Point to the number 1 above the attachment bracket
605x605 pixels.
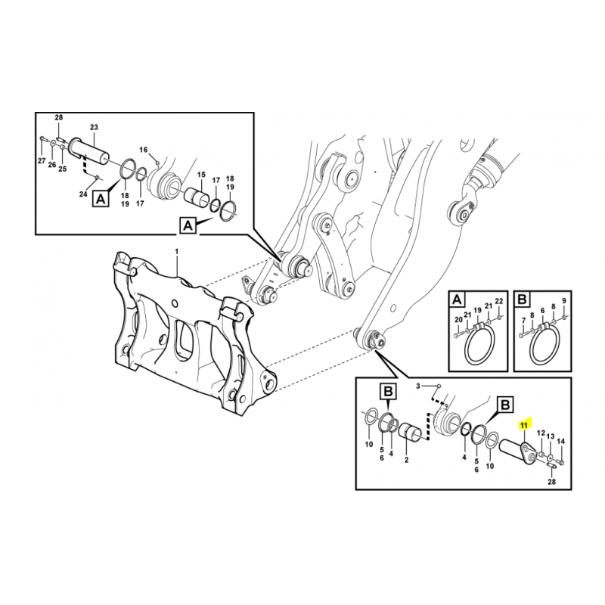pyautogui.click(x=177, y=252)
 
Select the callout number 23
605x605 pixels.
pyautogui.click(x=94, y=127)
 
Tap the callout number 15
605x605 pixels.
pyautogui.click(x=201, y=175)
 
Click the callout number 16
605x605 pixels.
pyautogui.click(x=144, y=149)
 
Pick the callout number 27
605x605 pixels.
pyautogui.click(x=42, y=161)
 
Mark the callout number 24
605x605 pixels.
pyautogui.click(x=83, y=194)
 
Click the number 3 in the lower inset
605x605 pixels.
pyautogui.click(x=417, y=386)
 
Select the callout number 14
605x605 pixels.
pyautogui.click(x=561, y=441)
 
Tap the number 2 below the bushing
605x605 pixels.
pyautogui.click(x=406, y=460)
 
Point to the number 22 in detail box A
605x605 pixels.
pyautogui.click(x=499, y=300)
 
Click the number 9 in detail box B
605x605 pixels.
pyautogui.click(x=563, y=300)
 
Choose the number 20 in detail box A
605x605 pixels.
pyautogui.click(x=458, y=319)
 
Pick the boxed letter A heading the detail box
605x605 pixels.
pyautogui.click(x=457, y=299)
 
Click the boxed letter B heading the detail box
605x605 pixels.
pyautogui.click(x=522, y=299)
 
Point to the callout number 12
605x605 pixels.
pyautogui.click(x=541, y=433)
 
